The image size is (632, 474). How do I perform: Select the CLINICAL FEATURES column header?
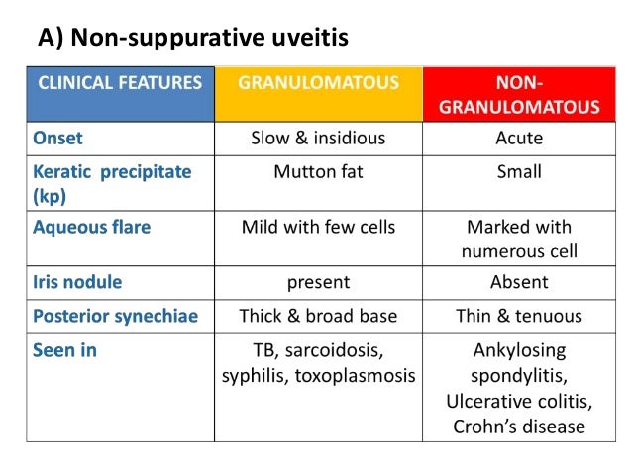pyautogui.click(x=120, y=83)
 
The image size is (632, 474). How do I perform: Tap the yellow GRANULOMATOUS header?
pyautogui.click(x=318, y=83)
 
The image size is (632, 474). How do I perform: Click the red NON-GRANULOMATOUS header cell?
pyautogui.click(x=518, y=94)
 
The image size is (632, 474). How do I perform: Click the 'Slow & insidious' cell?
pyautogui.click(x=318, y=138)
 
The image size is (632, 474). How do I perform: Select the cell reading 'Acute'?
pyautogui.click(x=518, y=138)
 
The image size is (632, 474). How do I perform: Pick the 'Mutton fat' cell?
pyautogui.click(x=318, y=172)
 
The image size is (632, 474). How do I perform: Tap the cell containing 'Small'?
pyautogui.click(x=518, y=172)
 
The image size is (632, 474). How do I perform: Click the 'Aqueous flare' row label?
pyautogui.click(x=91, y=228)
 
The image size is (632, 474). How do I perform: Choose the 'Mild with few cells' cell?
pyautogui.click(x=318, y=228)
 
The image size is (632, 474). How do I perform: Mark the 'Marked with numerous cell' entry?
pyautogui.click(x=518, y=238)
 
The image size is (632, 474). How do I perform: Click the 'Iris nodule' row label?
pyautogui.click(x=77, y=282)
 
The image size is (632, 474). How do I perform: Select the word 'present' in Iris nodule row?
pyautogui.click(x=318, y=283)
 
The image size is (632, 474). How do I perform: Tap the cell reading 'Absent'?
pyautogui.click(x=518, y=282)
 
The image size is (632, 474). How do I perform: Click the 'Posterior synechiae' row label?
pyautogui.click(x=115, y=317)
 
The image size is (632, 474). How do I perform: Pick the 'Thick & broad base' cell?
pyautogui.click(x=318, y=317)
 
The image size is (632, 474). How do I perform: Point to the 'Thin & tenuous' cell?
pyautogui.click(x=518, y=317)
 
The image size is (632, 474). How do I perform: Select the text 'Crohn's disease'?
pyautogui.click(x=518, y=427)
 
